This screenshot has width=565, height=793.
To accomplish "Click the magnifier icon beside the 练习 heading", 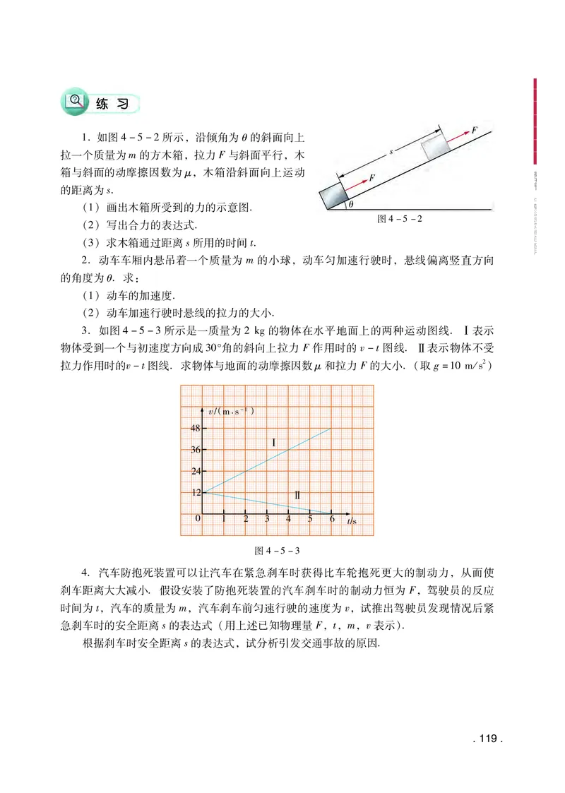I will coord(74,101).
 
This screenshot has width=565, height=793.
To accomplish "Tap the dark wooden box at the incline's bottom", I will coord(333,196).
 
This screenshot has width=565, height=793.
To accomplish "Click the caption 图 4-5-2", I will coord(400,219).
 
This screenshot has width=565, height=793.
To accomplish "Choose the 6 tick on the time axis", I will coord(331,520).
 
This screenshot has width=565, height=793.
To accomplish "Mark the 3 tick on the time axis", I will coord(267,520).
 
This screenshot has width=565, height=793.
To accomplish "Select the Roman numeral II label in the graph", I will coord(297,496).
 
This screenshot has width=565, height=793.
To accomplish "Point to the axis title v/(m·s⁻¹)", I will coord(232,411).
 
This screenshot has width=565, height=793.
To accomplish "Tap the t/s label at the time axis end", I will coord(352,521).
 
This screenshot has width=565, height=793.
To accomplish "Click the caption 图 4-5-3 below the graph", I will coord(276,549).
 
